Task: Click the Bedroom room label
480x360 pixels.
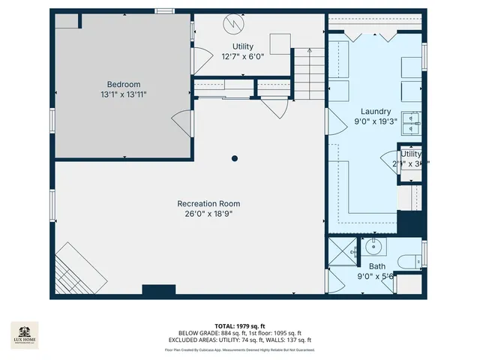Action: click(x=123, y=84)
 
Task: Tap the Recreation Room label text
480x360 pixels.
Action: click(x=208, y=204)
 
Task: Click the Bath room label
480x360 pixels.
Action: click(x=376, y=266)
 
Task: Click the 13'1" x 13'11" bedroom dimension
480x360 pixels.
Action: click(x=123, y=94)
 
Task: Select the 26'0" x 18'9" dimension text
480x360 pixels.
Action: click(x=208, y=214)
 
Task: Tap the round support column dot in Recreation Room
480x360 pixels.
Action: click(x=235, y=158)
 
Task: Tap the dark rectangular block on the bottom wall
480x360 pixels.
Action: click(x=158, y=289)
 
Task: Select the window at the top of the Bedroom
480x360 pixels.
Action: click(x=163, y=10)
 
